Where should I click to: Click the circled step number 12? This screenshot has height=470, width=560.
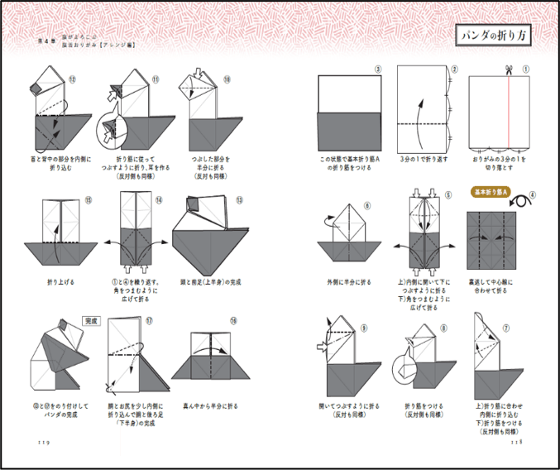tap(72, 79)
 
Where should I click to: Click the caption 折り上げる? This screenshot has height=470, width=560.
tap(63, 282)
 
